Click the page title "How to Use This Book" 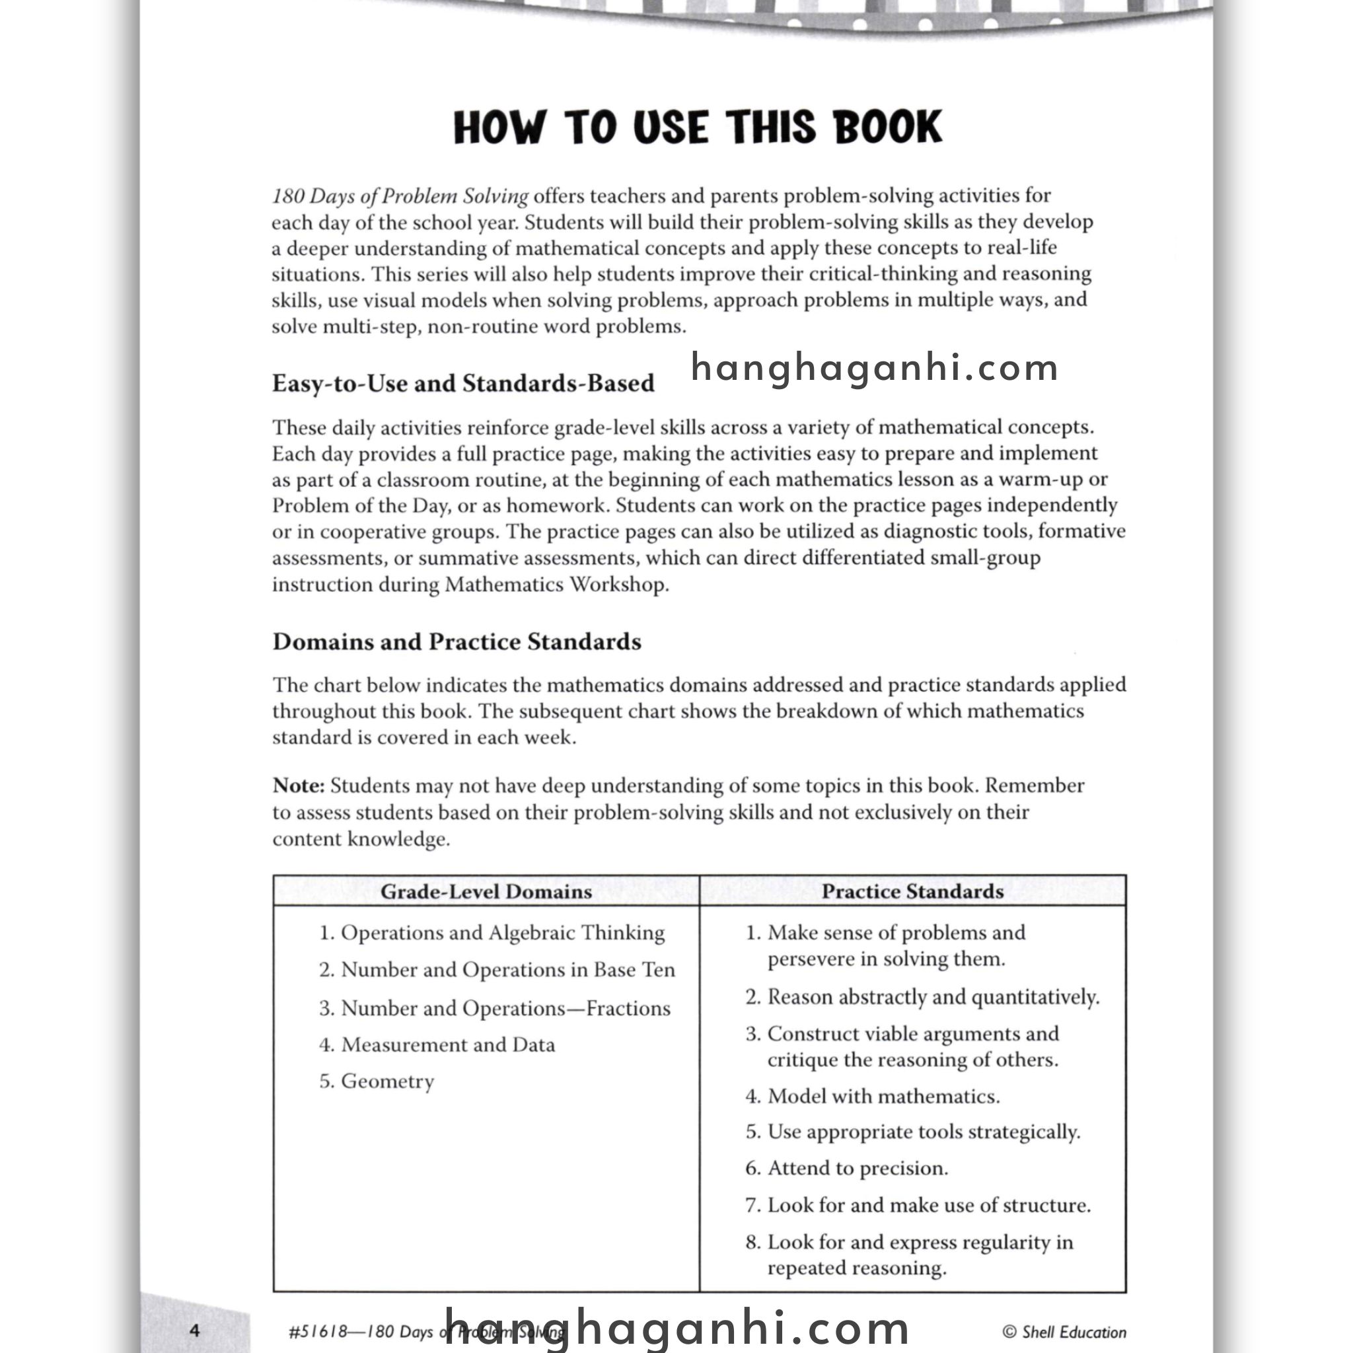698,128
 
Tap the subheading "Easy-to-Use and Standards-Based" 463,383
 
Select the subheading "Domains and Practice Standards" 457,641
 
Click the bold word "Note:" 299,786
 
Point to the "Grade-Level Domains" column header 486,891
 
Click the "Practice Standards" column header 912,891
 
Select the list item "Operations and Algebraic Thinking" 502,933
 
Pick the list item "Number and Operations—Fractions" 505,1008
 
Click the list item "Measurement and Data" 447,1045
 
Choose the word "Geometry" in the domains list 387,1081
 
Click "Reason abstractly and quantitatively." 933,996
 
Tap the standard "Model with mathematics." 883,1096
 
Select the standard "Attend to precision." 857,1168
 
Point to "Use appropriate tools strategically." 923,1132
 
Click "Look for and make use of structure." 929,1205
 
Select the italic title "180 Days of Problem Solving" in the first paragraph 400,196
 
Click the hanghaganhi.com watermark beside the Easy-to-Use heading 874,368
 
